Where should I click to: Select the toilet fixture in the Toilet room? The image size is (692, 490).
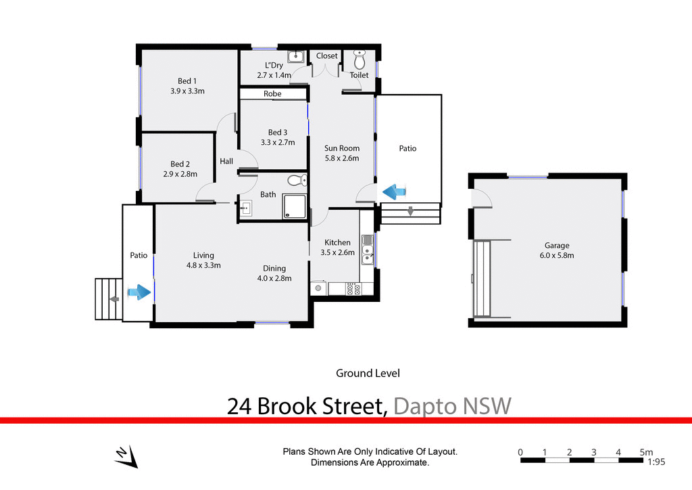click(360, 58)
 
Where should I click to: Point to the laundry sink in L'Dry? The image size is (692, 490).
click(295, 57)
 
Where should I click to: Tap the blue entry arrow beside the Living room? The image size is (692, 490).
click(139, 292)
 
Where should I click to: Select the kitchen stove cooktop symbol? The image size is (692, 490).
click(353, 289)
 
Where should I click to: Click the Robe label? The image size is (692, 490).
click(272, 94)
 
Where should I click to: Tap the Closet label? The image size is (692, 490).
click(327, 56)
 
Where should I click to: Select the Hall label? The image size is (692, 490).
click(226, 161)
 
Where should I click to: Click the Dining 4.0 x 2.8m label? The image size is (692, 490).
click(274, 273)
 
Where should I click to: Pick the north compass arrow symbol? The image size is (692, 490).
click(126, 457)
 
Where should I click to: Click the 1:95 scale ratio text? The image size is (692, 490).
click(655, 462)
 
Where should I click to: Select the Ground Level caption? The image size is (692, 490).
click(368, 373)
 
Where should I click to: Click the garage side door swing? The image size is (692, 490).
click(481, 197)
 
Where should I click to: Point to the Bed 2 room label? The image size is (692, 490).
click(180, 169)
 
